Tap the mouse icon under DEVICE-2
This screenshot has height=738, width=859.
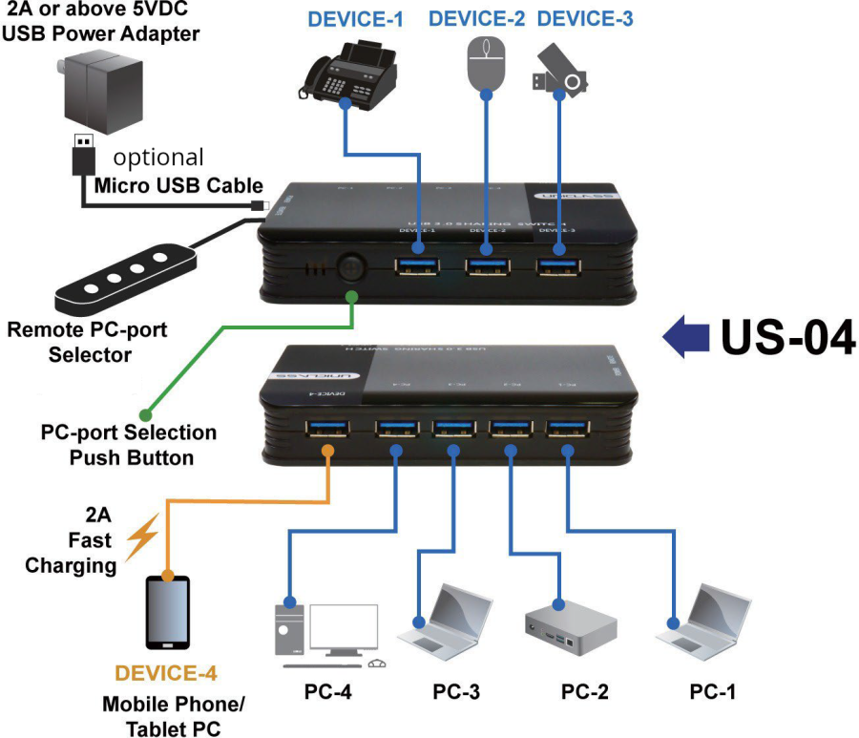pyautogui.click(x=485, y=63)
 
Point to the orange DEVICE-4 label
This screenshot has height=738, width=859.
pyautogui.click(x=165, y=673)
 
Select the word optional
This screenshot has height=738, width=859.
pyautogui.click(x=158, y=157)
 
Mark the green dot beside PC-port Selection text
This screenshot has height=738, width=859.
pyautogui.click(x=146, y=414)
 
